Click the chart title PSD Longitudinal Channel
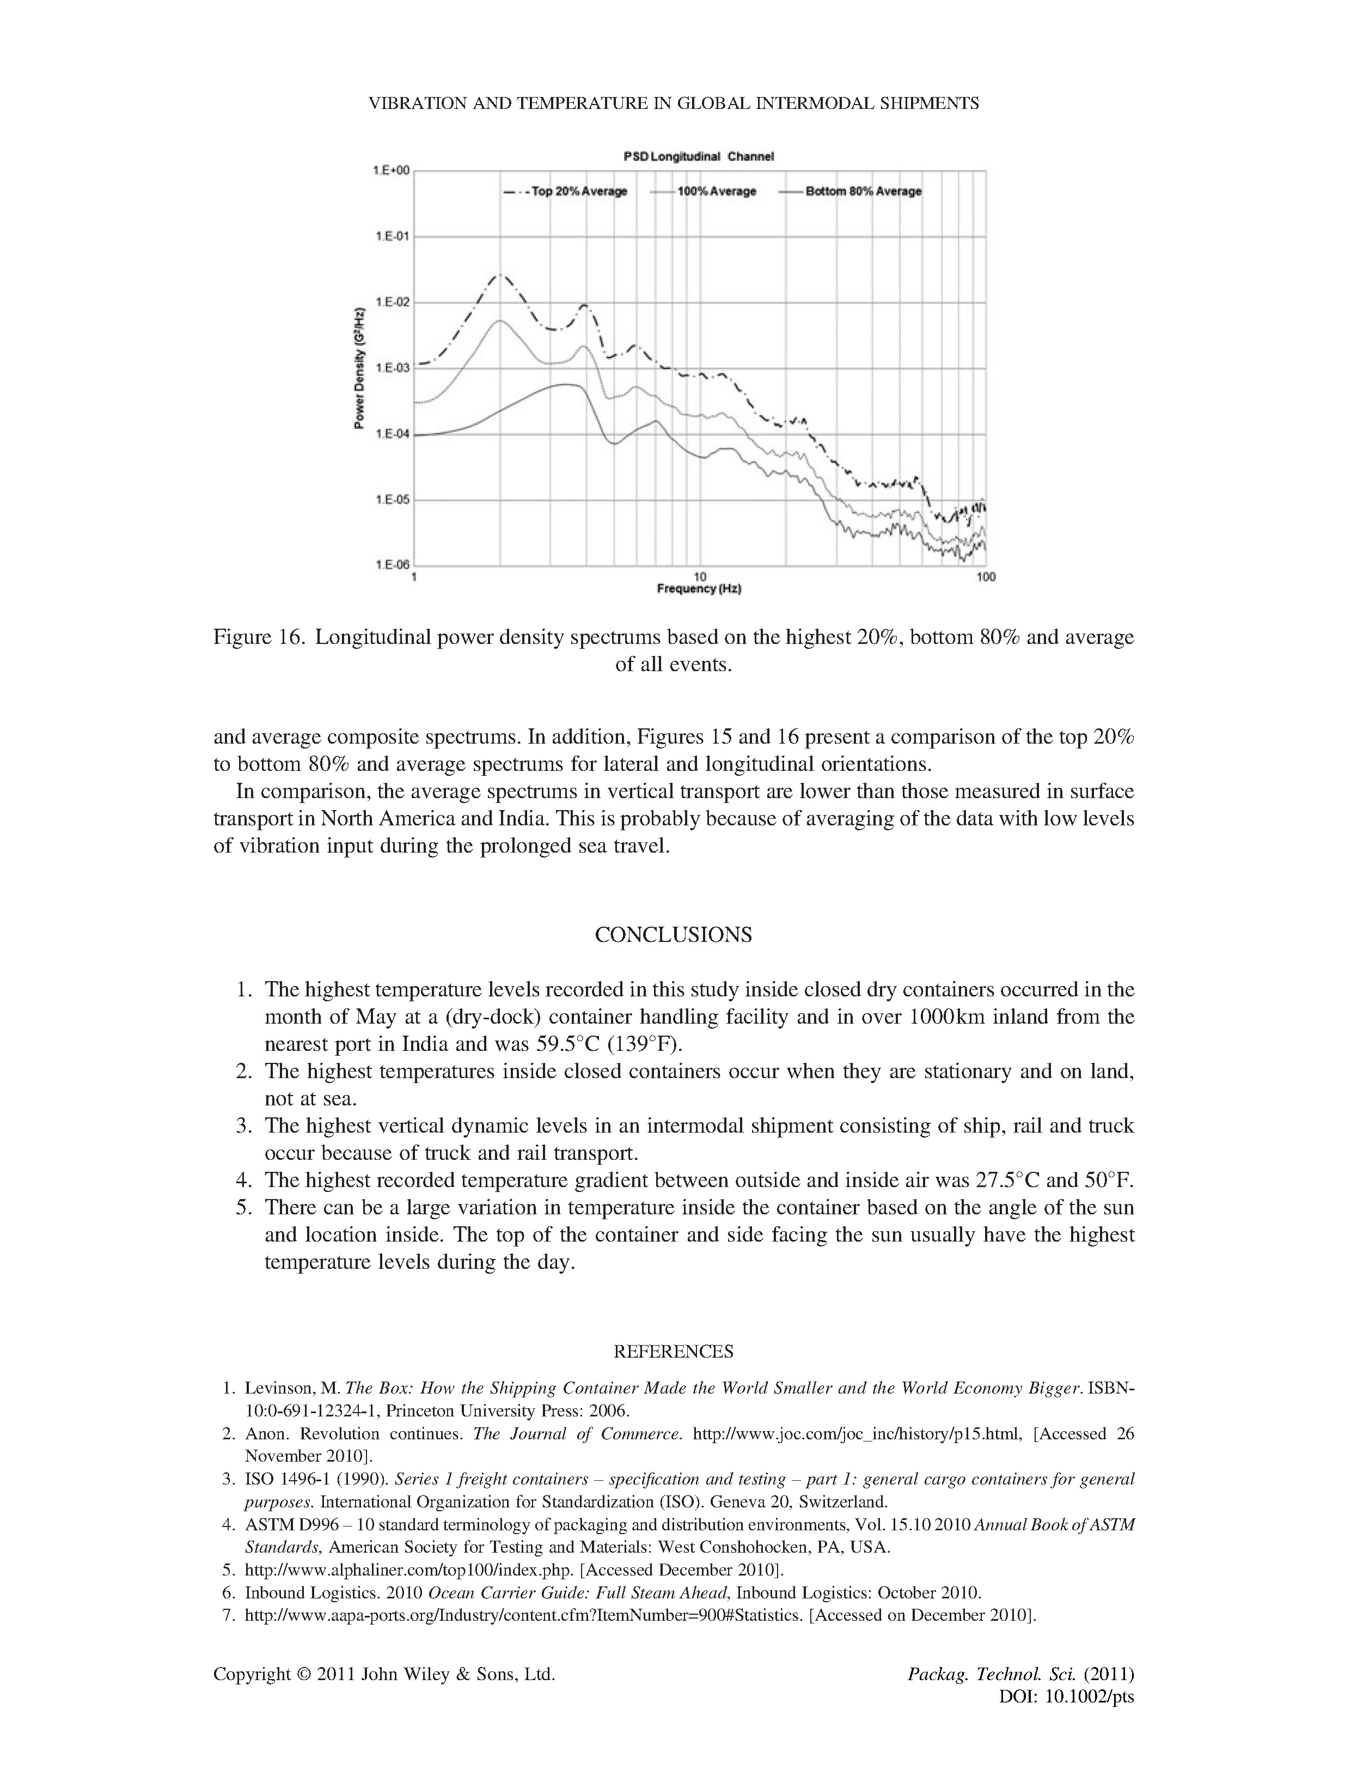[x=698, y=157]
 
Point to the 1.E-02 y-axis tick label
[x=392, y=302]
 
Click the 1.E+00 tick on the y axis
[x=392, y=171]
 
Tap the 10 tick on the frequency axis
[x=700, y=577]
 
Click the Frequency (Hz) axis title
[x=699, y=589]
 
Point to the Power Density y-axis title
[x=359, y=368]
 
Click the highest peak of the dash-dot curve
[x=501, y=275]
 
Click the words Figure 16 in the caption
[x=258, y=638]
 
